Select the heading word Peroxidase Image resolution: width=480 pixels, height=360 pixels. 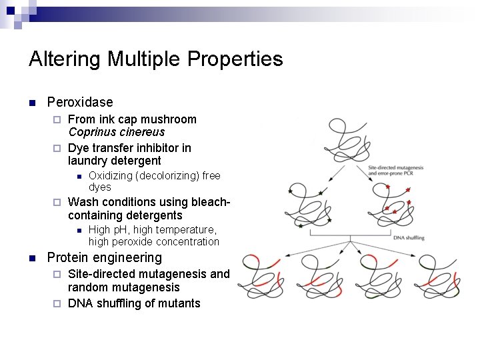pyautogui.click(x=80, y=102)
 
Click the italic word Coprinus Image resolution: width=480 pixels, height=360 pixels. pyautogui.click(x=91, y=132)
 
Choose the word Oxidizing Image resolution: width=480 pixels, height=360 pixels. pyautogui.click(x=110, y=176)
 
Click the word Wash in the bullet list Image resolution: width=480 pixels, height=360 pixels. pyautogui.click(x=83, y=201)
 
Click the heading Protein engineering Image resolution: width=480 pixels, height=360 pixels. pyautogui.click(x=104, y=257)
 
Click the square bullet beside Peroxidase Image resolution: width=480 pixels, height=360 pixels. pyautogui.click(x=31, y=103)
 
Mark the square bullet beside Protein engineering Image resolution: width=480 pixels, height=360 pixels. pyautogui.click(x=31, y=258)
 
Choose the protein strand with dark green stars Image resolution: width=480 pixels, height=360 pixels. pyautogui.click(x=307, y=205)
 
